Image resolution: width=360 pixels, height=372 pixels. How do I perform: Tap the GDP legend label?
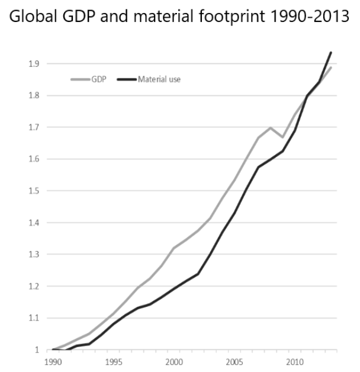tap(98, 79)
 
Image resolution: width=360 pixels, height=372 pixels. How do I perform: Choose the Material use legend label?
tap(159, 79)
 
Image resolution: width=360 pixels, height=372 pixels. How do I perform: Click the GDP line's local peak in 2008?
tap(270, 127)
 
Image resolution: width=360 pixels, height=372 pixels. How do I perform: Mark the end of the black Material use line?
tap(331, 52)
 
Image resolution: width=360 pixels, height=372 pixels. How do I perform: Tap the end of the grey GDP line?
tap(331, 68)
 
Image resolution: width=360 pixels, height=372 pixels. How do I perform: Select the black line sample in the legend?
tap(127, 79)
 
